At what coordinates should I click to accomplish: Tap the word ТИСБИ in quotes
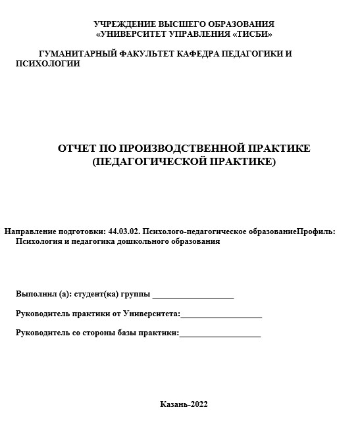(253, 34)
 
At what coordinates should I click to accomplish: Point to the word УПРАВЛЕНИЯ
(206, 34)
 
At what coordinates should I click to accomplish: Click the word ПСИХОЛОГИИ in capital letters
(48, 64)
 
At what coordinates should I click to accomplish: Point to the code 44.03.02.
(124, 231)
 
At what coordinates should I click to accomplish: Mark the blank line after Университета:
(221, 316)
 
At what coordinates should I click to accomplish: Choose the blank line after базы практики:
(220, 335)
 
